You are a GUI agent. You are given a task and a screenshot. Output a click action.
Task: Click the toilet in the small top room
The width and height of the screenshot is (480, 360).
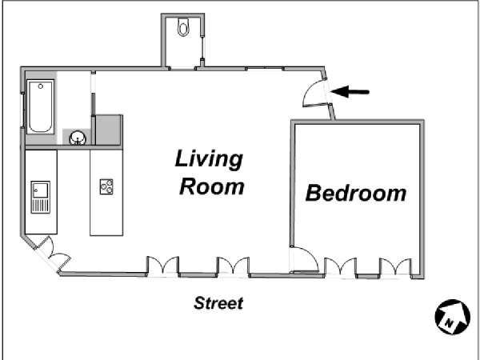pyautogui.click(x=183, y=27)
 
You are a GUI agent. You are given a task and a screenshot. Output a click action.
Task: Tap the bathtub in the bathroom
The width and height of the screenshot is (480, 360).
pyautogui.click(x=41, y=106)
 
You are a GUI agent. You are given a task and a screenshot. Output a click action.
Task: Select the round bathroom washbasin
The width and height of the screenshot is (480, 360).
pyautogui.click(x=78, y=138)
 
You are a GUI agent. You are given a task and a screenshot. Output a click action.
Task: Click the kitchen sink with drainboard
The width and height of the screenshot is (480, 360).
pyautogui.click(x=41, y=197)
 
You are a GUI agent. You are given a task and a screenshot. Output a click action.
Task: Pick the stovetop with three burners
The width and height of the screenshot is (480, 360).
pyautogui.click(x=106, y=186)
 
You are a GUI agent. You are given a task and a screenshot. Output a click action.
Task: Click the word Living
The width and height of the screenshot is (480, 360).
pyautogui.click(x=209, y=158)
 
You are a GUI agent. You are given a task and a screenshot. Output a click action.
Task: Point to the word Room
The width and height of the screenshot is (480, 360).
pyautogui.click(x=212, y=186)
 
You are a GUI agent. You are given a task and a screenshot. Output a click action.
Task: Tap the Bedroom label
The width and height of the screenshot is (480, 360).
pyautogui.click(x=356, y=193)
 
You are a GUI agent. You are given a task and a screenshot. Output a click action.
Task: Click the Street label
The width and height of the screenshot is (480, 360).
pyautogui.click(x=218, y=303)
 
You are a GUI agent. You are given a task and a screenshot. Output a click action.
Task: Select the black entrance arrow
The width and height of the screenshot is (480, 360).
pyautogui.click(x=350, y=92)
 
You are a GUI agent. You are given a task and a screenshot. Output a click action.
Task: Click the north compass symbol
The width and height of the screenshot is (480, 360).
pyautogui.click(x=453, y=317)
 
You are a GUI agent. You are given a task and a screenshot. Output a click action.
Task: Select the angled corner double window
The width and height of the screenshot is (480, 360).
pyautogui.click(x=52, y=254)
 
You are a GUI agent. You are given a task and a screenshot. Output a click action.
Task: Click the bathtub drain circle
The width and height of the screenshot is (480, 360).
pyautogui.click(x=41, y=86)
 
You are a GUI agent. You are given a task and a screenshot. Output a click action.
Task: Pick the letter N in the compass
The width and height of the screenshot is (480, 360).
pyautogui.click(x=449, y=322)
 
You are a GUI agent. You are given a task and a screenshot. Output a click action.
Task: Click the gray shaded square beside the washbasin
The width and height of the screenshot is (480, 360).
pyautogui.click(x=108, y=130)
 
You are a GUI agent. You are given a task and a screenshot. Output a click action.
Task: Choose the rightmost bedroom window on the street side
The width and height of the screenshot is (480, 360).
pyautogui.click(x=395, y=267)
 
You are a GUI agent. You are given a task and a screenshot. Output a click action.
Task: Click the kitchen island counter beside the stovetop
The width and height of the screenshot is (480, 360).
pyautogui.click(x=106, y=193)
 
